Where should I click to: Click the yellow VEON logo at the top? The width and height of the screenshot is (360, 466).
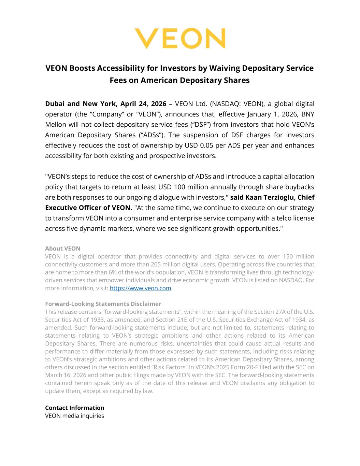tap(180, 38)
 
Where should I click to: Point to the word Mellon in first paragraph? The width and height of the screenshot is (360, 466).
tap(56, 125)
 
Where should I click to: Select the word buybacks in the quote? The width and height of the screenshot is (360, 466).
tap(299, 187)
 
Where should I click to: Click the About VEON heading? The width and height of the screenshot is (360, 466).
tap(63, 249)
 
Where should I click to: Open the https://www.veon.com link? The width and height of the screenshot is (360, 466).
tap(140, 288)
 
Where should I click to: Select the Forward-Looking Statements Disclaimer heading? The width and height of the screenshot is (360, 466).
tap(103, 304)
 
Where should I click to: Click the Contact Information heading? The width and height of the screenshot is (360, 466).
tap(75, 408)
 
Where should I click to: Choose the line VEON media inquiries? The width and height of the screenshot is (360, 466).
tap(74, 416)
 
